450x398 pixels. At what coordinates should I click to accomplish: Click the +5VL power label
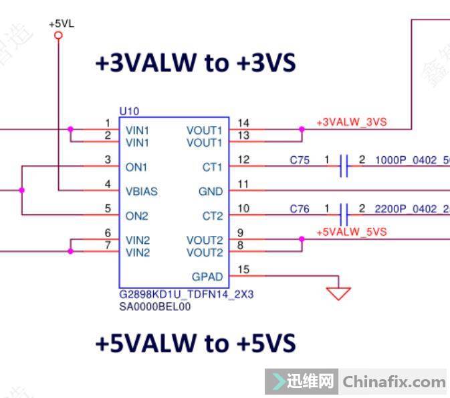(62, 23)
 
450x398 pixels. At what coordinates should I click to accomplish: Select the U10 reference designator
(129, 111)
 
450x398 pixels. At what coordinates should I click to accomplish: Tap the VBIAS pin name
(142, 191)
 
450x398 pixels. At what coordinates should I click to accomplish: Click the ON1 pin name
(136, 166)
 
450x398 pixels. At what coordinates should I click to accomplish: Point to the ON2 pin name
(136, 216)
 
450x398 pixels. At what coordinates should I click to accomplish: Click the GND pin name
(211, 191)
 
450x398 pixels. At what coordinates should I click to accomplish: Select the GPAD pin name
(207, 276)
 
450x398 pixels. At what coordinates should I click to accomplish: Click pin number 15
(243, 270)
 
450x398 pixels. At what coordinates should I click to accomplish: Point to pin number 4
(108, 184)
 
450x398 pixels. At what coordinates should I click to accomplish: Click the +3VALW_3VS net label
(351, 123)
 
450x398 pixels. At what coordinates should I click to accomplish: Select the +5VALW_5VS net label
(351, 232)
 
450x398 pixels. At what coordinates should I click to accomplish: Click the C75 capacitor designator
(300, 160)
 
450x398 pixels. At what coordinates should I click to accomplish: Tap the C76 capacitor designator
(300, 209)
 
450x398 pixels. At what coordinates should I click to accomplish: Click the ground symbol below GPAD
(338, 292)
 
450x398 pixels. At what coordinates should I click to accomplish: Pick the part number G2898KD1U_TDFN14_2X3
(187, 294)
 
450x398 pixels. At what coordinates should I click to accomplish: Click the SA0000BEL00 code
(154, 306)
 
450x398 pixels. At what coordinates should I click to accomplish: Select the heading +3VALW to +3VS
(195, 63)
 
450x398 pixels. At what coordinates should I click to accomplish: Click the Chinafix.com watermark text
(394, 383)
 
